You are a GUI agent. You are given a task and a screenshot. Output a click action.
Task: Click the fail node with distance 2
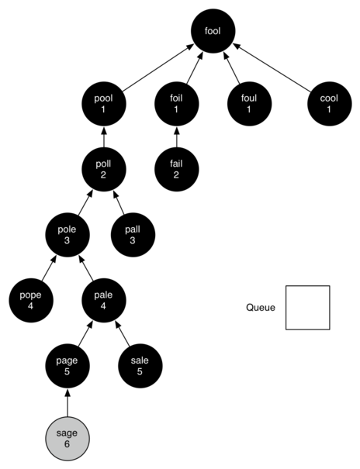point(176,169)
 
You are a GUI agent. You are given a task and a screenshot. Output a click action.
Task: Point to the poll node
point(103,169)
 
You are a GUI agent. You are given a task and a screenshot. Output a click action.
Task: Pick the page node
point(67,364)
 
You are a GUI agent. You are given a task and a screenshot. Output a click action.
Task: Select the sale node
point(140,364)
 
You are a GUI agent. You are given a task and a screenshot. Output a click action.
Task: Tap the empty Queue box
point(307,308)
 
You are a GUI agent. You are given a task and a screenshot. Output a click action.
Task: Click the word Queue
point(261,308)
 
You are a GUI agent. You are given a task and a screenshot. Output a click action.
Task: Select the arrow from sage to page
point(67,401)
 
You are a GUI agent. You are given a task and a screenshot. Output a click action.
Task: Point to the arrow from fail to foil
point(176,137)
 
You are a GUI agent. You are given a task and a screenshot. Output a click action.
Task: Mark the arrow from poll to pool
point(103,137)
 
